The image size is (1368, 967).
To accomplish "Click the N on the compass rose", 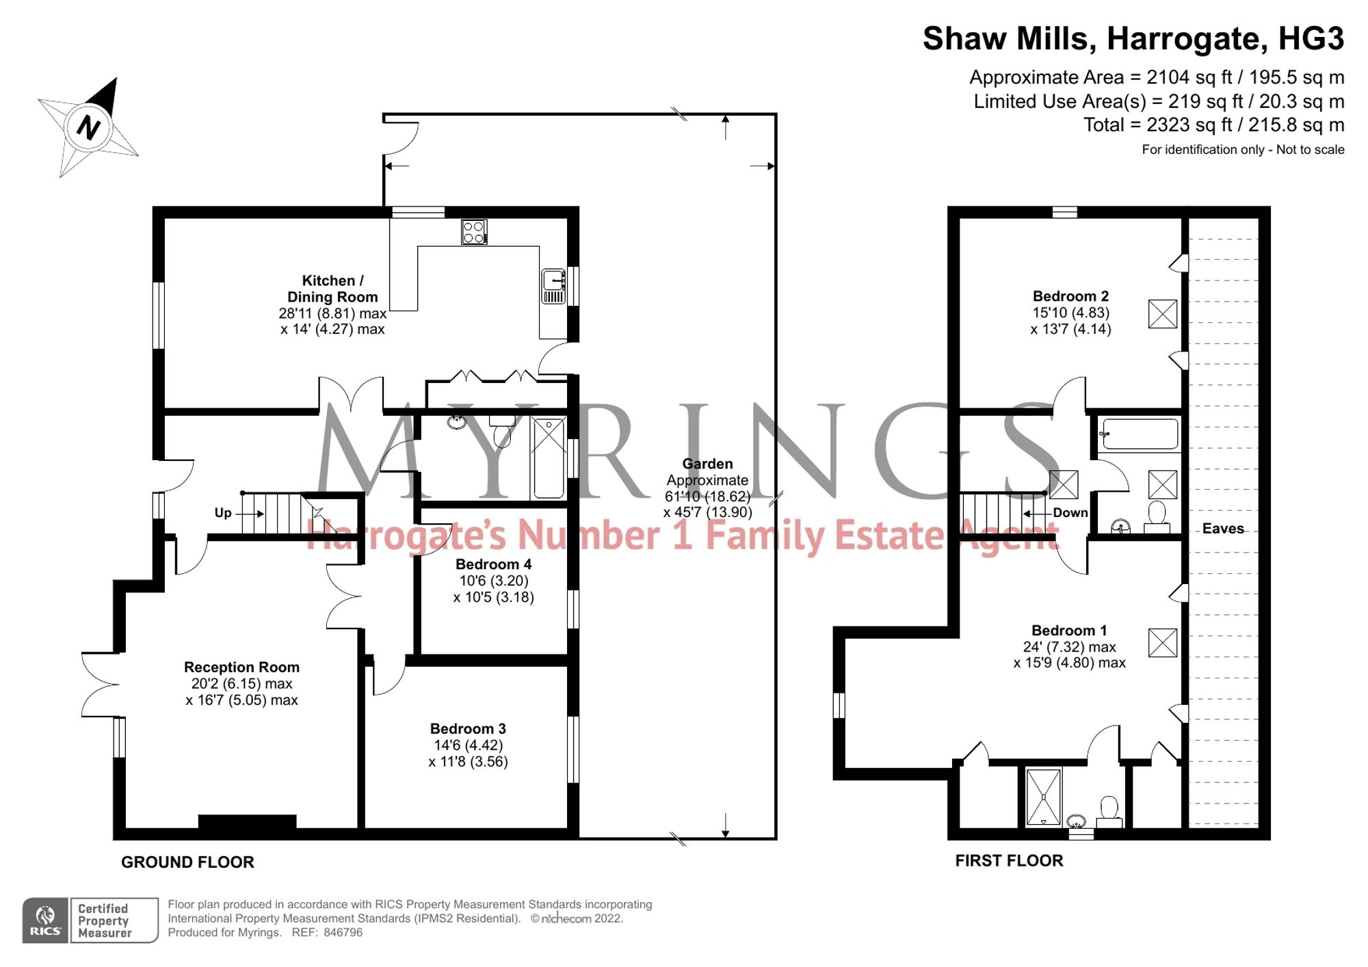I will point(88,127).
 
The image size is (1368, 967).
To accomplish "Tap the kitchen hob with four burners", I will point(473,232).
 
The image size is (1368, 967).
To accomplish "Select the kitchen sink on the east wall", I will point(553,287).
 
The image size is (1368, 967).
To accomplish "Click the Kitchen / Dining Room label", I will point(332,289).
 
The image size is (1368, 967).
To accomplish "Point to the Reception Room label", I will point(241,667).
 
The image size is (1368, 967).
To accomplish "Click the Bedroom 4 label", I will point(493,564).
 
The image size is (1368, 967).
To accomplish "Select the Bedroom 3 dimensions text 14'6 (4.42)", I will point(468,745).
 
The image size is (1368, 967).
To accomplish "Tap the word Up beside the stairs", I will point(223,513).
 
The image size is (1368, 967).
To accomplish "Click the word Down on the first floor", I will point(1070,513).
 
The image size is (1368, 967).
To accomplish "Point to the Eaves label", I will point(1223,529).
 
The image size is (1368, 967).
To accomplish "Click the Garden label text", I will point(707,464).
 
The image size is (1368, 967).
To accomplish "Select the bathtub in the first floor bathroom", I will point(1140,434).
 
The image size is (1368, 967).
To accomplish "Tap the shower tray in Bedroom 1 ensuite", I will point(1044,797).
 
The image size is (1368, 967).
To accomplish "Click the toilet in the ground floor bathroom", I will point(503,431).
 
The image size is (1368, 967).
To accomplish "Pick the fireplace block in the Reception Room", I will point(247,821).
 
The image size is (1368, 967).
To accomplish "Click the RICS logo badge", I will point(45,920).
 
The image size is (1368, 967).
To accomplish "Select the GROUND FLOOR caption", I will point(187,862).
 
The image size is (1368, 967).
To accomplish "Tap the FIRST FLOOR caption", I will point(1009,861).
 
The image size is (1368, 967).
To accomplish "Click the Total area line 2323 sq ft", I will point(1213,125).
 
